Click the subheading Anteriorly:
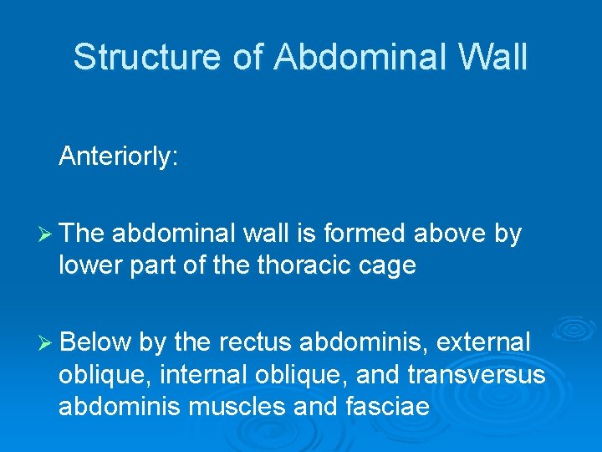pyautogui.click(x=118, y=157)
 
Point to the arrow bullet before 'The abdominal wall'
pyautogui.click(x=48, y=234)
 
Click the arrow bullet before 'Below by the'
pyautogui.click(x=48, y=342)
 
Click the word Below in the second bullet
pyautogui.click(x=96, y=342)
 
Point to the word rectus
pyautogui.click(x=255, y=342)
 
